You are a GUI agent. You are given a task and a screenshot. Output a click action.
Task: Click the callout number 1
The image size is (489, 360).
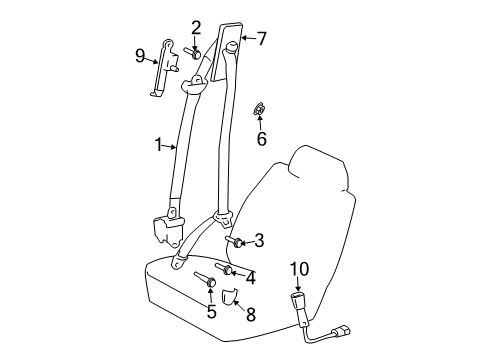pos(158,145)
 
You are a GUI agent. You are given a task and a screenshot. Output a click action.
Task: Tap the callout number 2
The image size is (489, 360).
pos(196,28)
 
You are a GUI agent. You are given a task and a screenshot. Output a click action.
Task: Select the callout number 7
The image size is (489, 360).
pos(262,38)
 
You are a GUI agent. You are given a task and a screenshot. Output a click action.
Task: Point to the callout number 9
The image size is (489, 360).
pos(140,56)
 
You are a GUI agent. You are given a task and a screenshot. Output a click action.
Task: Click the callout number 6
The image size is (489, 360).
pos(262,138)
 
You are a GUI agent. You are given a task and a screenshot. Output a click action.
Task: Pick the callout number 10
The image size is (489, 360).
pos(299,269)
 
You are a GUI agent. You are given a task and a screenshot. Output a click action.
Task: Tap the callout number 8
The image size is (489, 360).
pos(251,314)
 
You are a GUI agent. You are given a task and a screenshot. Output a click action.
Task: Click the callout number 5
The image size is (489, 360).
pos(212,312)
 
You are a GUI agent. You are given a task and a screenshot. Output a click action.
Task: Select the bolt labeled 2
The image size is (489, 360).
pos(193,53)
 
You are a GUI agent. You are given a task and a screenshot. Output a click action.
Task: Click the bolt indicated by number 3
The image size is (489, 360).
pos(235,242)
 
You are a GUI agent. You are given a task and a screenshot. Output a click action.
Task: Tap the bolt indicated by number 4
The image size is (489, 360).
pos(224,269)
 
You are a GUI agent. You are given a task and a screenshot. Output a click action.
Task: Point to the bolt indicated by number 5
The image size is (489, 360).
pos(205,279)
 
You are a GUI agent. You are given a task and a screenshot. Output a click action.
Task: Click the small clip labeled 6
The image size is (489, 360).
pos(259,109)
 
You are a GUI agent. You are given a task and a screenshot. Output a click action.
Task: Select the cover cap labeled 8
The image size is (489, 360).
pos(230,296)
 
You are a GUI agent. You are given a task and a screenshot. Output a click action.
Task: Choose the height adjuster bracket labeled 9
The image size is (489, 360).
pos(164,68)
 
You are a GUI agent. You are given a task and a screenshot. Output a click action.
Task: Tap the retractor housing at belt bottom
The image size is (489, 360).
pos(168,232)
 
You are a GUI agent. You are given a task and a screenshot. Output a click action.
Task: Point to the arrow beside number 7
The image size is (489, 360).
pos(249,38)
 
